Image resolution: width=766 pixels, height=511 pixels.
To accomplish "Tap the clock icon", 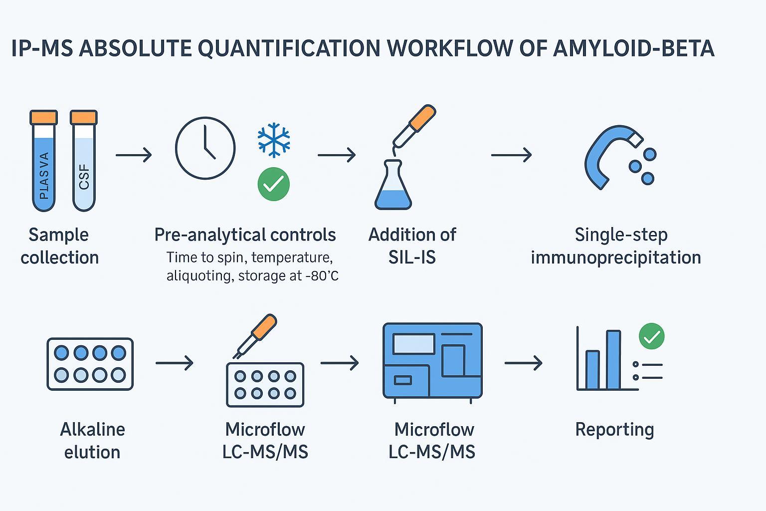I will click(x=205, y=148).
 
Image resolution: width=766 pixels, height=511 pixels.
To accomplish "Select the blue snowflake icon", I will click(x=274, y=139).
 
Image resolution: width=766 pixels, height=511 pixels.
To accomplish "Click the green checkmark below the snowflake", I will click(x=274, y=184).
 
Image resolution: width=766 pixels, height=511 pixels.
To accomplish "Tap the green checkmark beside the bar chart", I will click(x=651, y=336).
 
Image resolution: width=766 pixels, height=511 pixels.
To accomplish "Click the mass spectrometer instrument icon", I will click(x=432, y=360).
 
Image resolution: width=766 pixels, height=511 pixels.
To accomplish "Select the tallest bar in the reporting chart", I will click(x=613, y=359).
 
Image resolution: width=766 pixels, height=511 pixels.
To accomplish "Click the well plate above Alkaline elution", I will click(x=90, y=363).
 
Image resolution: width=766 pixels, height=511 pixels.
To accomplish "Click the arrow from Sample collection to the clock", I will click(x=133, y=155).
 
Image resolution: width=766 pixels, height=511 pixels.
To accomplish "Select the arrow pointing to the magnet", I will click(x=511, y=155).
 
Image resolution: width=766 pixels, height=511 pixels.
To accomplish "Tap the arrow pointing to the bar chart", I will click(x=523, y=363).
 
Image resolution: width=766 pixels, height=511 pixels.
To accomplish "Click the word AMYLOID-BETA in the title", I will click(x=633, y=48).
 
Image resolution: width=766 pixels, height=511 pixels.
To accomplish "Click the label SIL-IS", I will click(x=412, y=257).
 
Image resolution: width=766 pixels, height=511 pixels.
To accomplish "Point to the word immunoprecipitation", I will click(x=615, y=257).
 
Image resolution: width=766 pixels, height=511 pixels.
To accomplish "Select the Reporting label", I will click(x=614, y=429).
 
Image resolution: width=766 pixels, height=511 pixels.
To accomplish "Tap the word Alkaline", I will click(x=92, y=429).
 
